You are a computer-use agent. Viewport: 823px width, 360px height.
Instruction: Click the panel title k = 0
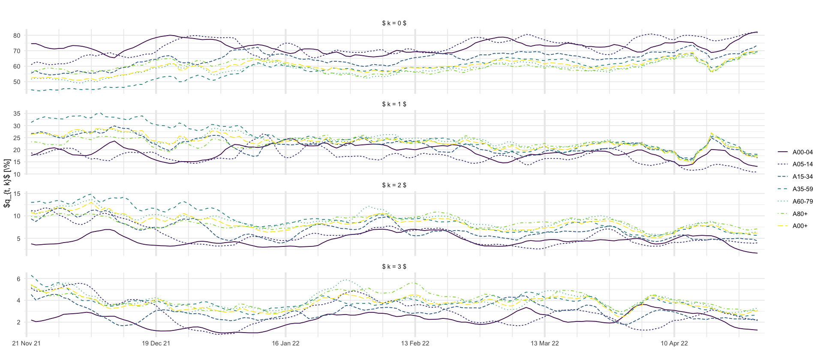point(394,23)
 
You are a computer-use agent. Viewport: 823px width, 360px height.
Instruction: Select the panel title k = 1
point(394,104)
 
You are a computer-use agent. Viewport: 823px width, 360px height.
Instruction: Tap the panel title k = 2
point(394,185)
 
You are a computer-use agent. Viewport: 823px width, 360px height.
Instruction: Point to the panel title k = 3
point(394,267)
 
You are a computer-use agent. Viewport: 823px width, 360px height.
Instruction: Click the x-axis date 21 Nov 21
point(27,343)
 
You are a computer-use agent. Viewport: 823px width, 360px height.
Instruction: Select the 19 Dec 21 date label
point(156,343)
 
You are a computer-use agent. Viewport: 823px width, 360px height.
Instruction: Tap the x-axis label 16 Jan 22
point(285,343)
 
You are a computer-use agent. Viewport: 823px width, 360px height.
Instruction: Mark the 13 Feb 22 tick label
point(415,343)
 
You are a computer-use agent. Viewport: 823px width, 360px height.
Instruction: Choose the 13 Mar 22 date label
point(545,343)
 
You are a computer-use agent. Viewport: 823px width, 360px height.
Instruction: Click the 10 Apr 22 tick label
point(674,343)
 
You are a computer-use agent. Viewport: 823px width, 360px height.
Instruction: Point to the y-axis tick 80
point(17,36)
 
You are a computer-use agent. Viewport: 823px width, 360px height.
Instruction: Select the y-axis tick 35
point(17,114)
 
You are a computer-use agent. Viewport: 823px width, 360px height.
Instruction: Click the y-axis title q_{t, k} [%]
point(7,183)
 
